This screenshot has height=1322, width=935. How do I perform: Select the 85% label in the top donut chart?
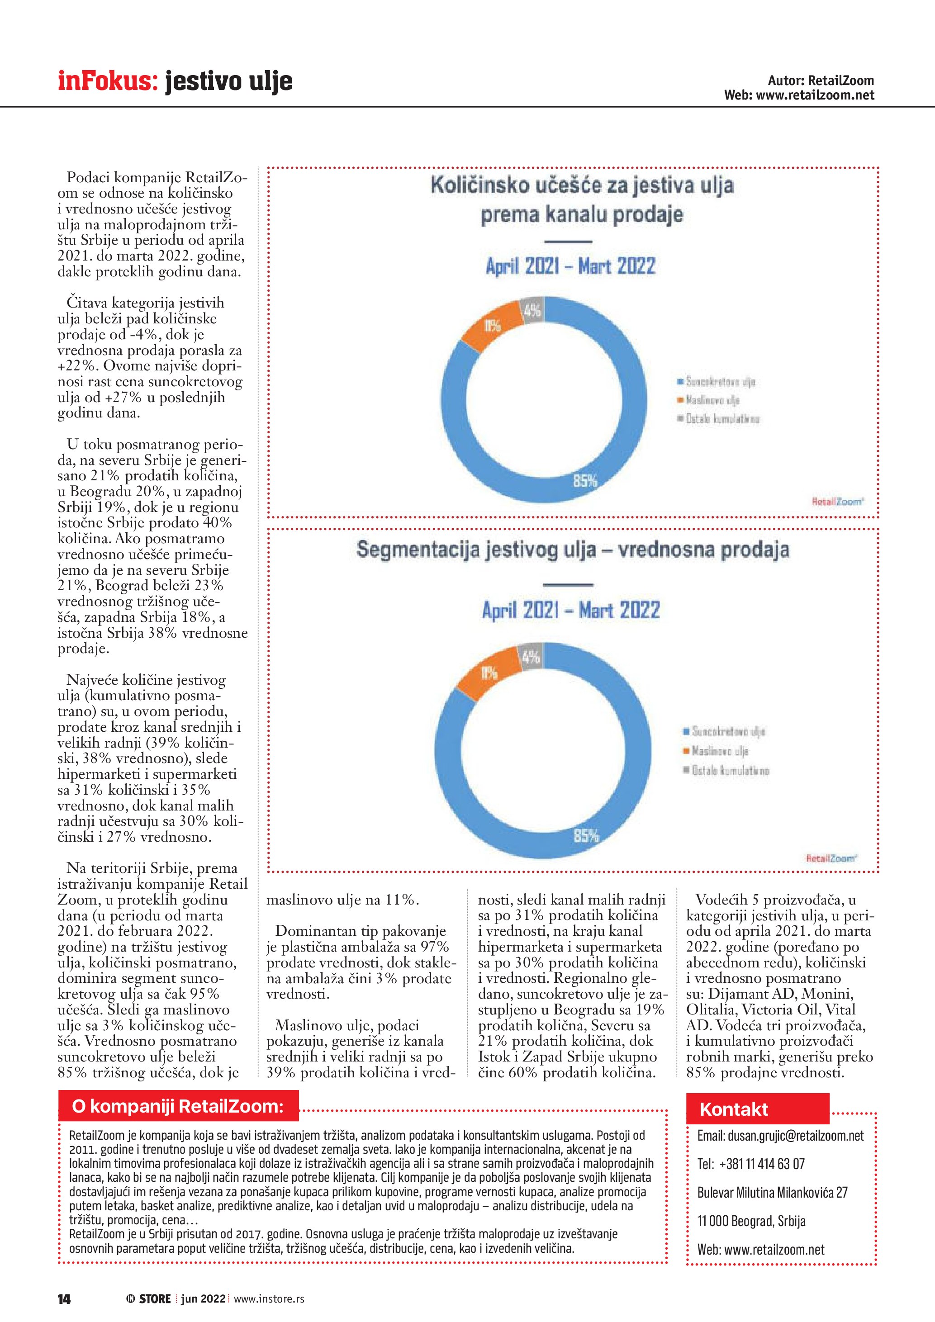tap(585, 480)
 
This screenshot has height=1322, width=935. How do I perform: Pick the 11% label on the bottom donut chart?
tap(489, 672)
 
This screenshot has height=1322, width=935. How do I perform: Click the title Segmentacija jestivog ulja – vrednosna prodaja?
tap(573, 550)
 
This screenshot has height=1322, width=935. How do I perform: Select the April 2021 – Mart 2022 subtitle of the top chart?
tap(570, 266)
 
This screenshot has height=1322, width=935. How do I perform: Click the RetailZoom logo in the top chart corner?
tap(837, 502)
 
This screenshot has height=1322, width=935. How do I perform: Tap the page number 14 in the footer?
tap(64, 1299)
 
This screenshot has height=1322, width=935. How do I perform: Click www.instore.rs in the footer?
tap(269, 1299)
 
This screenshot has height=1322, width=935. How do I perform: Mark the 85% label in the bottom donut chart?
tap(586, 835)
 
